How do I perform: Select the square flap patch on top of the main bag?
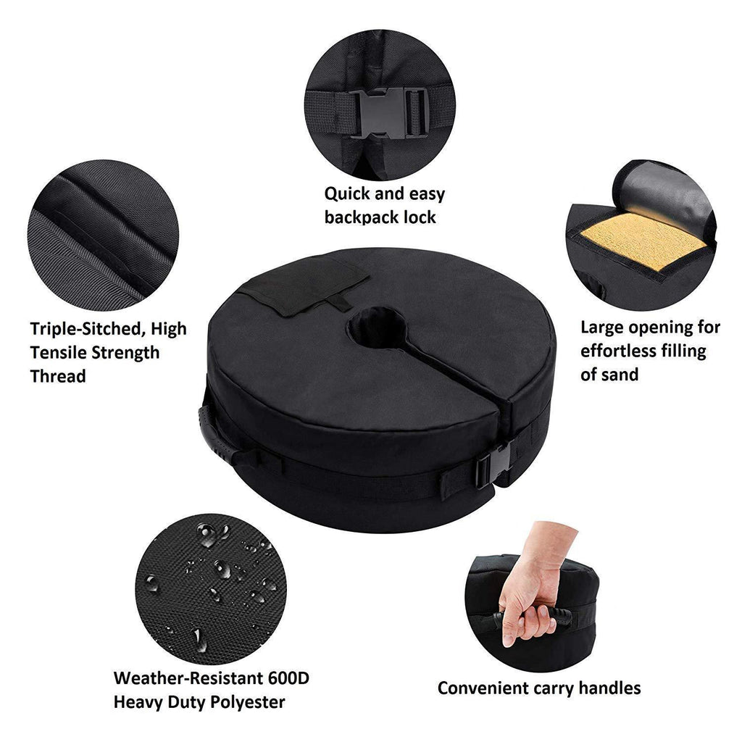305,284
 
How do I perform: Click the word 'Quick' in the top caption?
346,194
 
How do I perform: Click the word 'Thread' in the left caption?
58,376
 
